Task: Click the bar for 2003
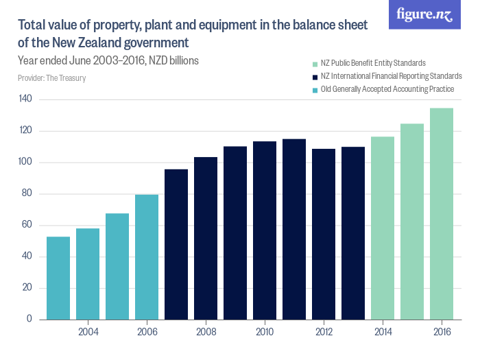point(58,278)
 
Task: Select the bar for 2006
point(147,257)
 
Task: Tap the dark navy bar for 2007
point(176,244)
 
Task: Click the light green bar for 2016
point(442,213)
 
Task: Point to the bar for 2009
point(235,232)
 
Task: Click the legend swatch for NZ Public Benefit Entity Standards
point(314,63)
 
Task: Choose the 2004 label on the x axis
point(88,333)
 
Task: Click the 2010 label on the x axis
point(265,333)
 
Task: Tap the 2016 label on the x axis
point(442,333)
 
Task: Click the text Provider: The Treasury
point(51,78)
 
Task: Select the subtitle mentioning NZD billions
point(108,60)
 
